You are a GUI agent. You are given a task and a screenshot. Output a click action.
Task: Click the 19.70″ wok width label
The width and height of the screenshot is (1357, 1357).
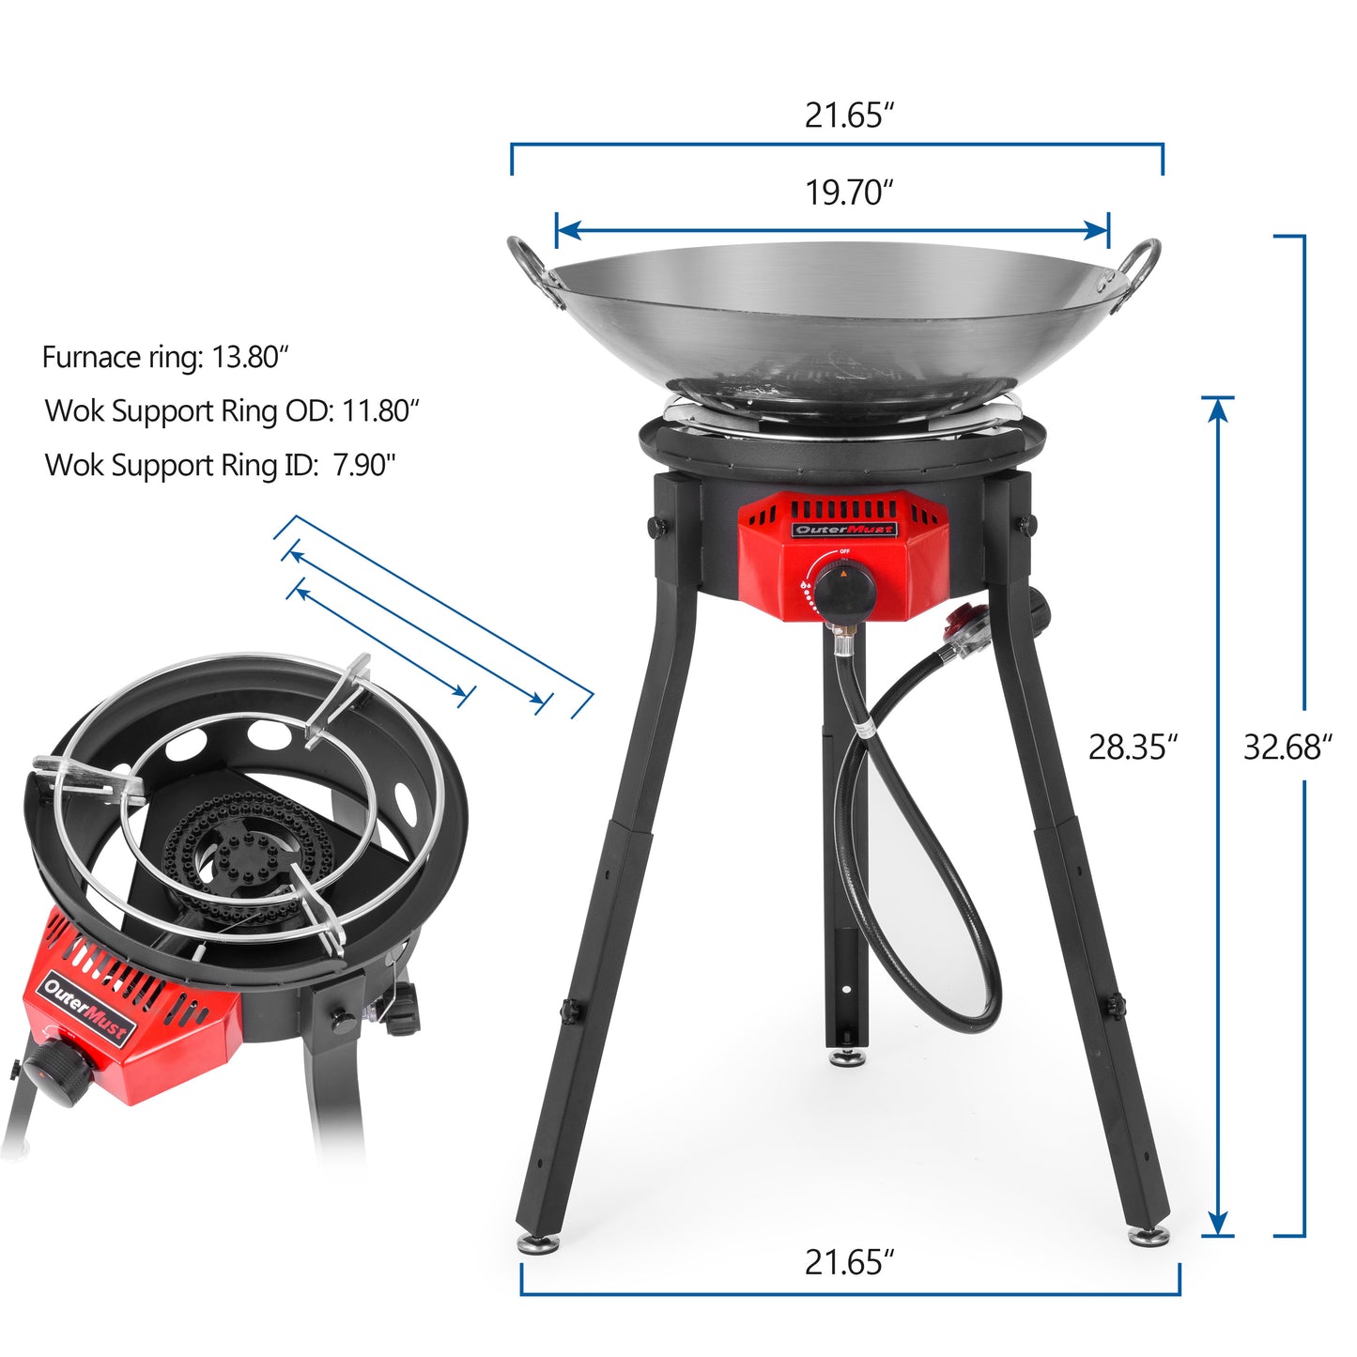(x=849, y=193)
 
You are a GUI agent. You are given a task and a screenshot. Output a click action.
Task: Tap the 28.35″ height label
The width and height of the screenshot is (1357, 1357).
(x=1133, y=748)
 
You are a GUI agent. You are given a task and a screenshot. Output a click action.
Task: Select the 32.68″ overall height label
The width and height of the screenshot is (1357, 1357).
(x=1288, y=748)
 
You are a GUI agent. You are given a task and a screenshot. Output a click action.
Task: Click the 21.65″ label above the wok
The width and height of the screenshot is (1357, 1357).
(x=849, y=116)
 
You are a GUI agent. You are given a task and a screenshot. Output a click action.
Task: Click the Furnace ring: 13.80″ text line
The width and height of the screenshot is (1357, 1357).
(x=165, y=358)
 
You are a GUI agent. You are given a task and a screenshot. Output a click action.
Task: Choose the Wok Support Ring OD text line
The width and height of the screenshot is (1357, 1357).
(x=232, y=411)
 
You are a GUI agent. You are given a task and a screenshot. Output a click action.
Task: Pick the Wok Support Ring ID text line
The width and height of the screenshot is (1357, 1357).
(x=221, y=465)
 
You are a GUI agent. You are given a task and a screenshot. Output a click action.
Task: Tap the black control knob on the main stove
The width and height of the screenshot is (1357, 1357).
(x=844, y=586)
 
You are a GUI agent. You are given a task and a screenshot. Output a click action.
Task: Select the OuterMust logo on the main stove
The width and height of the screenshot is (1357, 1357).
(x=844, y=530)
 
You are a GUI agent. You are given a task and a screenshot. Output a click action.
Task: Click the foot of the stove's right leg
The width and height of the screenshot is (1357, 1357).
(x=1149, y=1236)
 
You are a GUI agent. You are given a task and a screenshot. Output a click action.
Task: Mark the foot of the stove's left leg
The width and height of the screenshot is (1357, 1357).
(x=539, y=1242)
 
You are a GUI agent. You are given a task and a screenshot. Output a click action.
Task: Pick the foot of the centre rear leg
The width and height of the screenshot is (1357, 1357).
(x=847, y=1058)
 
